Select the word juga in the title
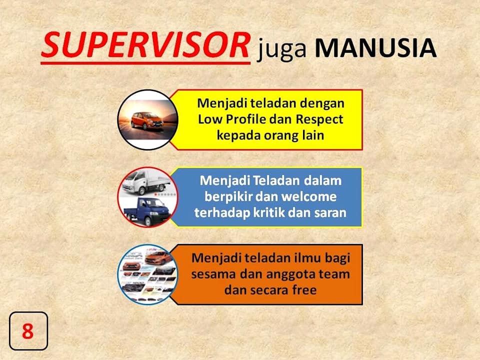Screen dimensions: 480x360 pos(281,49)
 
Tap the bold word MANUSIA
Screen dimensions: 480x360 pos(375,48)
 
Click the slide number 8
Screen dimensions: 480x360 pos(28,331)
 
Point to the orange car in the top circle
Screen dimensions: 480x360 pos(147,121)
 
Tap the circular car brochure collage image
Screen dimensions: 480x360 pos(148,274)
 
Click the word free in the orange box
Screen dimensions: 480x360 pos(304,290)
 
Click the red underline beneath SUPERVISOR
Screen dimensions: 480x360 pos(145,63)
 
